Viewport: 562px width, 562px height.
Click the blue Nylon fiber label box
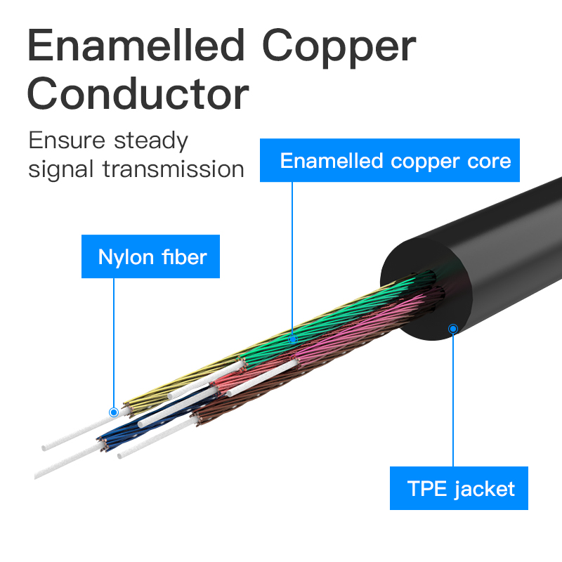tap(152, 256)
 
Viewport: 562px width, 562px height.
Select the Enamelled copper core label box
tap(395, 161)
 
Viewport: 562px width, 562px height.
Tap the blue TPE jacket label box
tap(460, 488)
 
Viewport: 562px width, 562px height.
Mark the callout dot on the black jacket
tap(453, 328)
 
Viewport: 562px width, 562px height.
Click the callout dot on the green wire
tap(294, 339)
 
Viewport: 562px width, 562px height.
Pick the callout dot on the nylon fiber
tap(114, 412)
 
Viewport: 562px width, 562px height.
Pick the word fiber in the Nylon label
tap(183, 256)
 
